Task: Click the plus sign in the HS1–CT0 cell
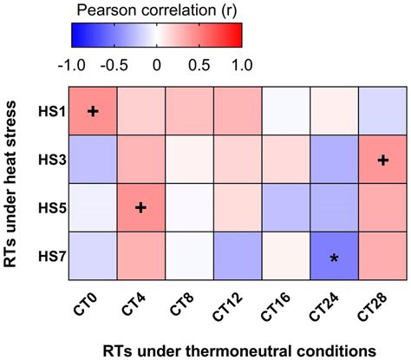(x=93, y=111)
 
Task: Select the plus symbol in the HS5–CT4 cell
(x=141, y=207)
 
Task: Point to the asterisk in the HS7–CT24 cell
(x=335, y=257)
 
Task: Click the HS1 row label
(x=49, y=111)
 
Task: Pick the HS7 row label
(x=49, y=257)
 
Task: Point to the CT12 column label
(x=232, y=304)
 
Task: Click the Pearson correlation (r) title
(x=156, y=10)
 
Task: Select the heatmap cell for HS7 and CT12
(x=238, y=257)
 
